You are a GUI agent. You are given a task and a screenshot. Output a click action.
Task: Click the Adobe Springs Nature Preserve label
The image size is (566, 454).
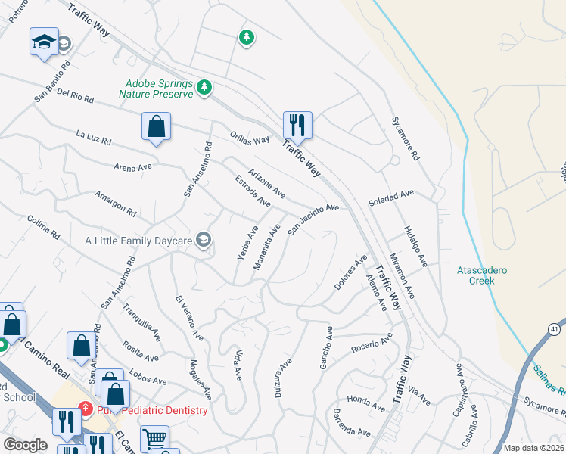(157, 89)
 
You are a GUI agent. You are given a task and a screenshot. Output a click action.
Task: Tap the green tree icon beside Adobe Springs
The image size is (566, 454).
(204, 89)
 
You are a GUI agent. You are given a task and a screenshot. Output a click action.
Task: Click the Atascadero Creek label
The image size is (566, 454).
(476, 275)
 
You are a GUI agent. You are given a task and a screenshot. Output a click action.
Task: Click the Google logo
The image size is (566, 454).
(25, 445)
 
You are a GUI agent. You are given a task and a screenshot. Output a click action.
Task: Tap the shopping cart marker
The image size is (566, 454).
(154, 438)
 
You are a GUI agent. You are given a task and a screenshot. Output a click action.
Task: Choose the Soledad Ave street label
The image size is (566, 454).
(391, 198)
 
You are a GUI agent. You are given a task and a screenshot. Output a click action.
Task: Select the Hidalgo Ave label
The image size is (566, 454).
(415, 246)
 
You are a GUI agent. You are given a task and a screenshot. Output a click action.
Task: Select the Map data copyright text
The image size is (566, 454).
(534, 448)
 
